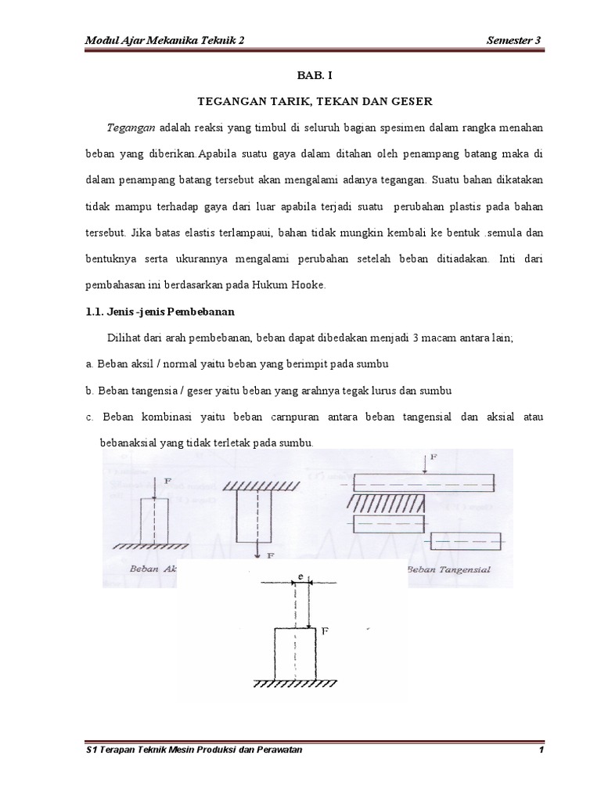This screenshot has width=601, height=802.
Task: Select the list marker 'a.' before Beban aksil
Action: (x=90, y=364)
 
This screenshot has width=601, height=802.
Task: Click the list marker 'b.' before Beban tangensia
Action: (x=90, y=390)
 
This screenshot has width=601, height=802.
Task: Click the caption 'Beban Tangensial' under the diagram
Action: (x=449, y=569)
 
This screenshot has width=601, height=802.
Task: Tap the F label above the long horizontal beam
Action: (x=434, y=455)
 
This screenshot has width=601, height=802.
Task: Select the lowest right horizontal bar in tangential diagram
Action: (x=466, y=541)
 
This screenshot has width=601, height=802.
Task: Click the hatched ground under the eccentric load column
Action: (x=294, y=683)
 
